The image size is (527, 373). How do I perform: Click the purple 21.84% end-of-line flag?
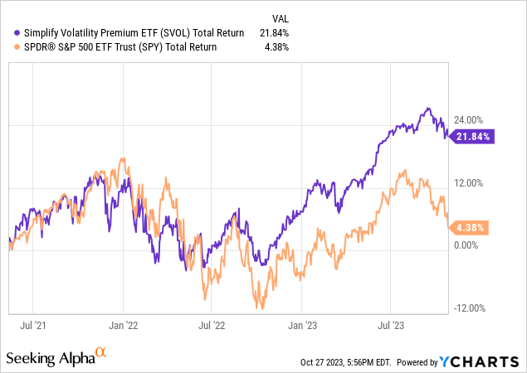click(x=472, y=136)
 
